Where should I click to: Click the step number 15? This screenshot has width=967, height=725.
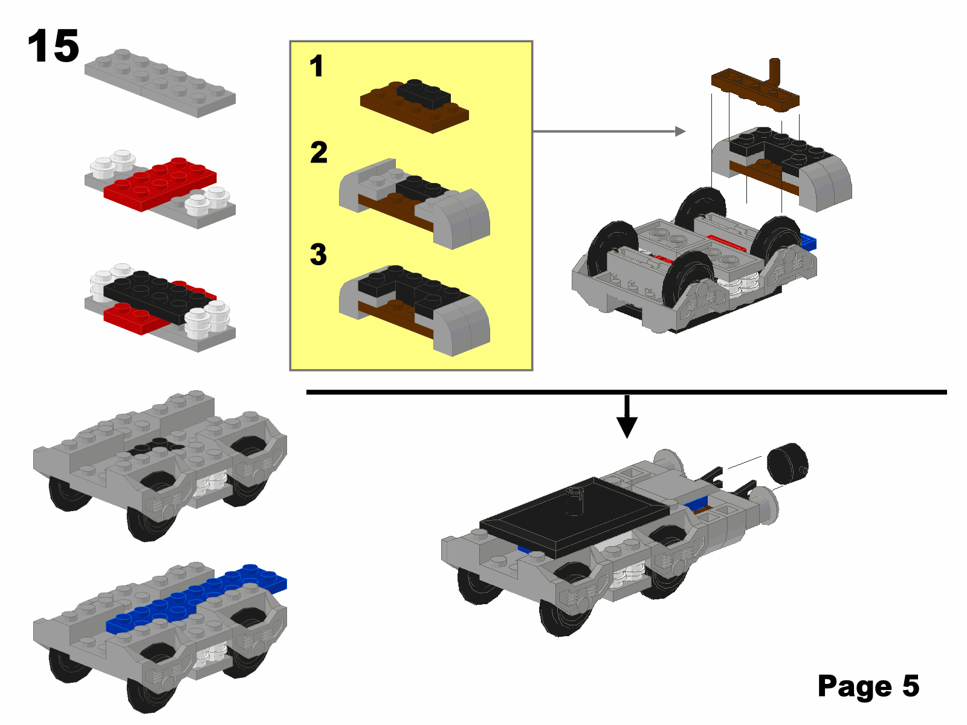(x=53, y=46)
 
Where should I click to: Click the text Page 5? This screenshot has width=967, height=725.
(x=868, y=685)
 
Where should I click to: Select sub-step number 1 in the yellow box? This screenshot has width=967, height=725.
(x=316, y=66)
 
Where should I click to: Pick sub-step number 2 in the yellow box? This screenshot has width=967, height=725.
(x=319, y=152)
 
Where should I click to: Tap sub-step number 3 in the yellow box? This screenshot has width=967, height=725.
(x=318, y=254)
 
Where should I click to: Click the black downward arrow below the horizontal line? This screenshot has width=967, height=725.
(x=627, y=416)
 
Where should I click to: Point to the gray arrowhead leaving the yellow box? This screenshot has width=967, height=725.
(x=680, y=131)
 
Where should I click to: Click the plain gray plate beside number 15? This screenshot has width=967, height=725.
(x=160, y=83)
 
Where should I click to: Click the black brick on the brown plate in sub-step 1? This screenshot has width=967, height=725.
(x=424, y=94)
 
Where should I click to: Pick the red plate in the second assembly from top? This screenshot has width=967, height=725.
(x=160, y=184)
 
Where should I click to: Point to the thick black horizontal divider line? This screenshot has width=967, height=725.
(x=626, y=391)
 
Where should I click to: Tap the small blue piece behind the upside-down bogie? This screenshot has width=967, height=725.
(x=808, y=242)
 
